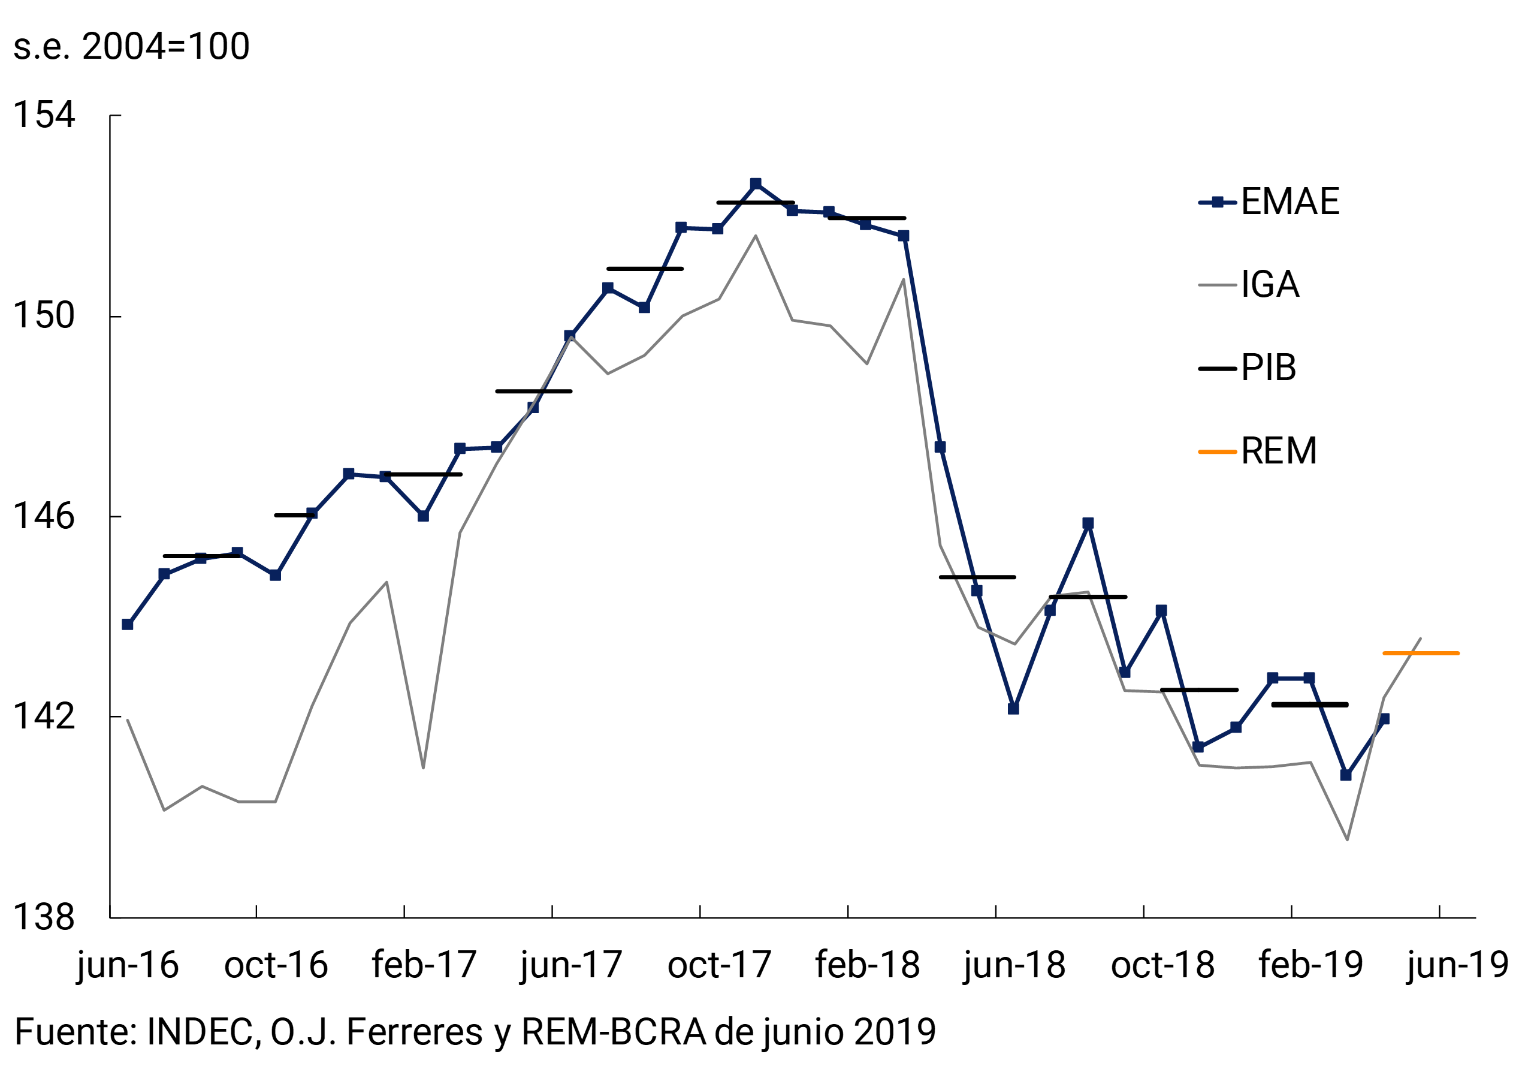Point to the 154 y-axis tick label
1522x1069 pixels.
[x=44, y=115]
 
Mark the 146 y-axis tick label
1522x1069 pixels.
[x=44, y=517]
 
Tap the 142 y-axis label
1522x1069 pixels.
[x=44, y=717]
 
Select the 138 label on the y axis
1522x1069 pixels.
[x=44, y=918]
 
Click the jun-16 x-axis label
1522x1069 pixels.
[x=128, y=965]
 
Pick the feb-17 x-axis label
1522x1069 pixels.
[x=424, y=965]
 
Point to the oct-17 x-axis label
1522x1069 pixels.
[x=719, y=965]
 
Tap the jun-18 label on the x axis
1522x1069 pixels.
[x=1014, y=965]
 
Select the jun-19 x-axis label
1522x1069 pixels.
[x=1458, y=965]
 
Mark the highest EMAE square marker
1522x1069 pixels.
[x=756, y=183]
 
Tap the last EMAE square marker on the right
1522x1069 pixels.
[x=1384, y=719]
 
